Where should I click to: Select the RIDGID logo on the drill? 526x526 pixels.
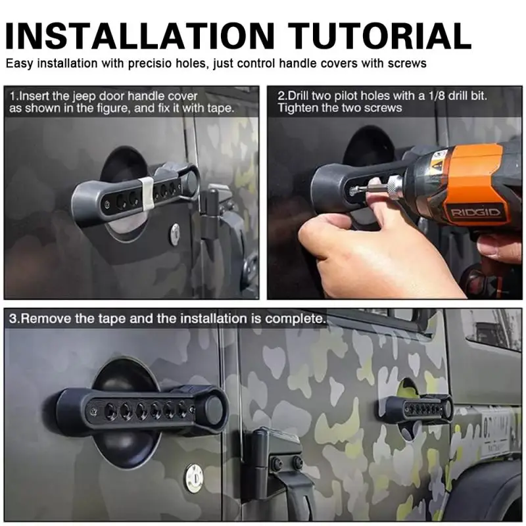point(475,212)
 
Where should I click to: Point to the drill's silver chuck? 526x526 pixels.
point(393,184)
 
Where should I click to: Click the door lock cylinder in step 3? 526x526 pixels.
point(194,479)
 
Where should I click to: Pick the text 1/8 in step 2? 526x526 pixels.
point(437,96)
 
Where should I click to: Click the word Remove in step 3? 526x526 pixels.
point(51,318)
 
